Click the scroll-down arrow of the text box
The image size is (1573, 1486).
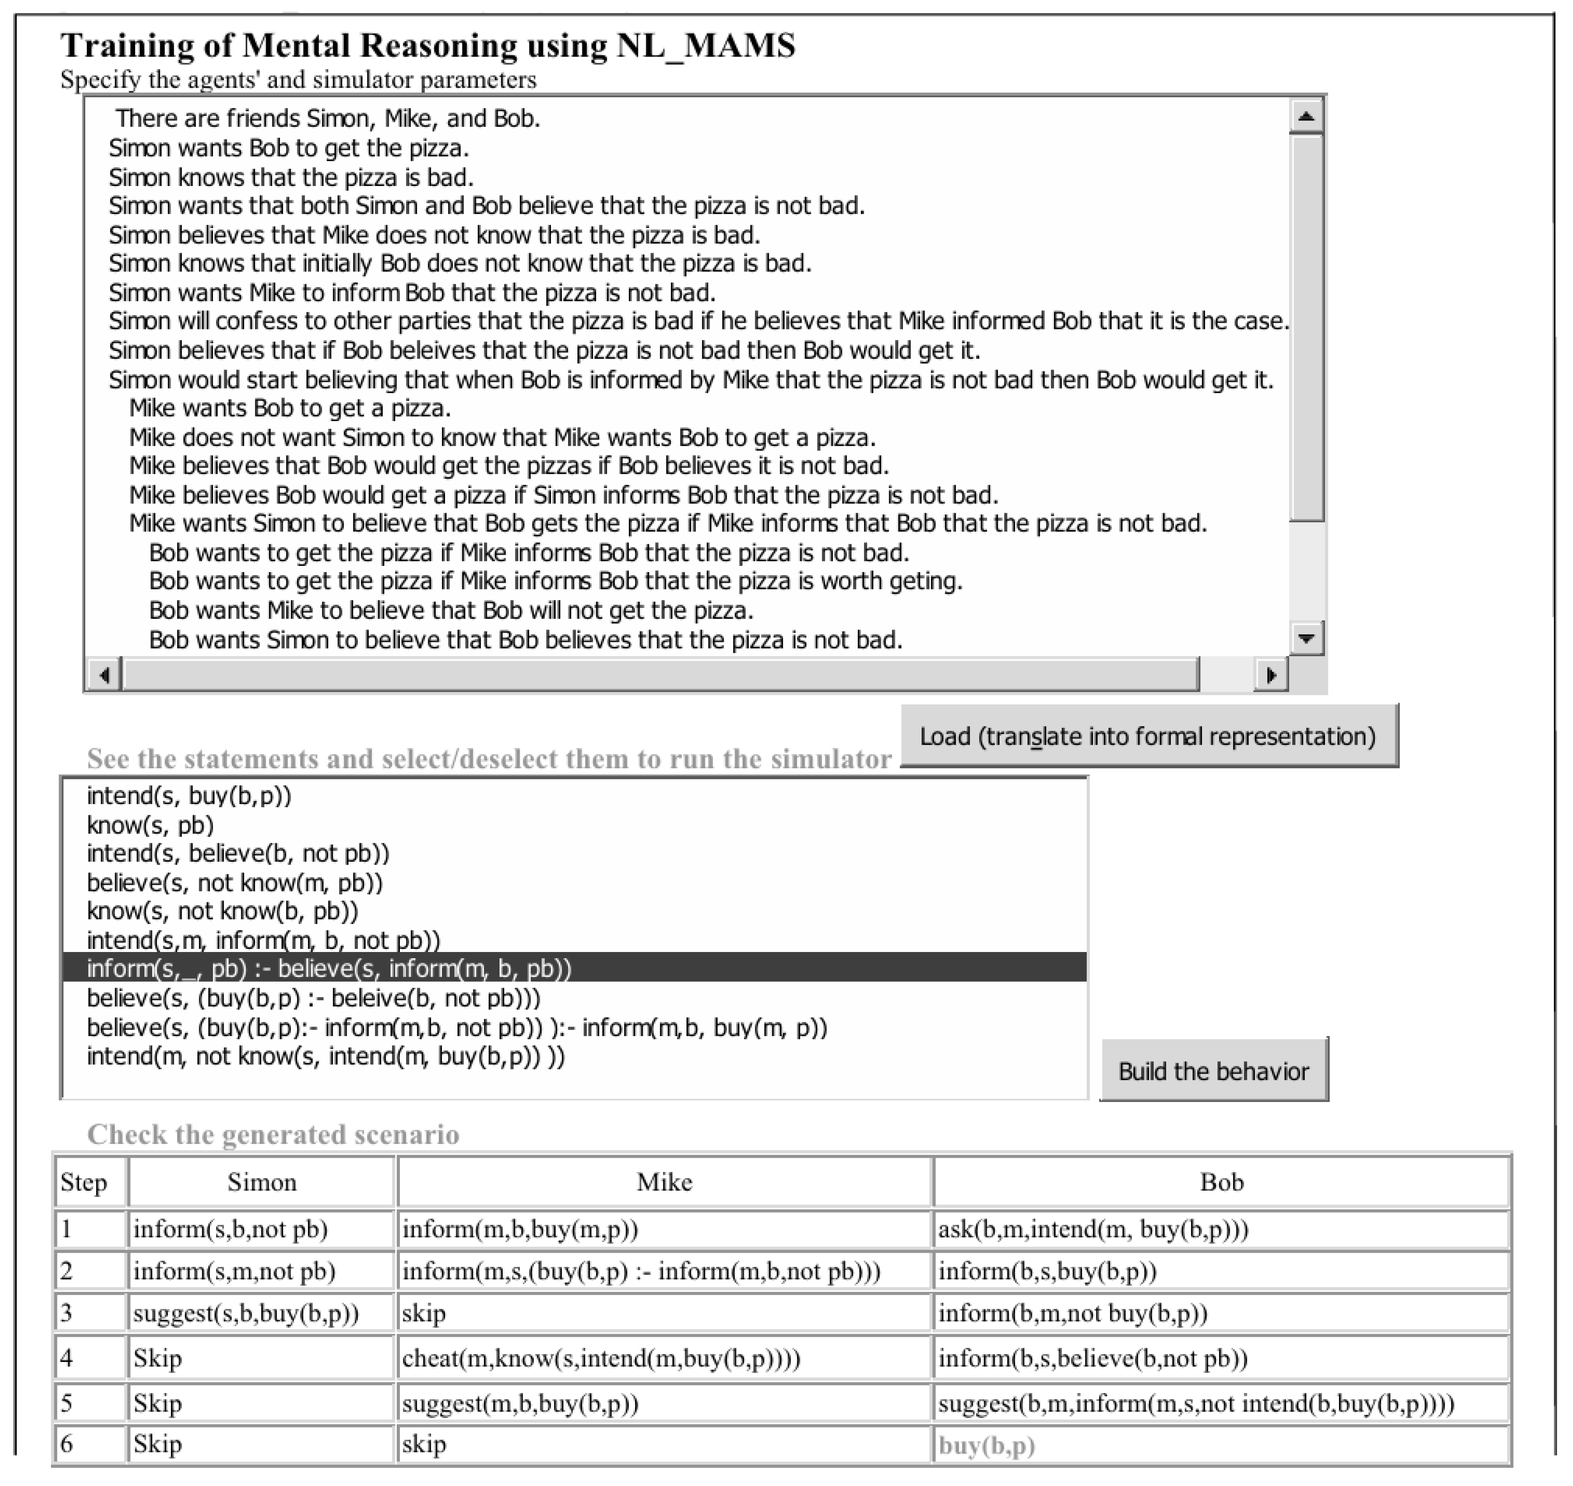tap(1306, 638)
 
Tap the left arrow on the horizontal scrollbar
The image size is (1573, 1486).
tap(104, 675)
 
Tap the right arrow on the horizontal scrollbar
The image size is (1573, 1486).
tap(1271, 675)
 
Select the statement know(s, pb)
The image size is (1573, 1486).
tap(151, 824)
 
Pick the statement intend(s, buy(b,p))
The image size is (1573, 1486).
tap(189, 795)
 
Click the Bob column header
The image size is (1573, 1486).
tap(1221, 1182)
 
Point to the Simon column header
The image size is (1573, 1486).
tap(261, 1182)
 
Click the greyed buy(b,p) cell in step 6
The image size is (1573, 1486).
tap(987, 1446)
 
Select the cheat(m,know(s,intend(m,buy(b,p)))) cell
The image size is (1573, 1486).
tap(601, 1358)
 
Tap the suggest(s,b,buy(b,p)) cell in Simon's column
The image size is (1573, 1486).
tap(245, 1313)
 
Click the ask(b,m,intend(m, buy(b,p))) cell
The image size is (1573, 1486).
tap(1093, 1229)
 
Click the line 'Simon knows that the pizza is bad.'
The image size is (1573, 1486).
tap(291, 177)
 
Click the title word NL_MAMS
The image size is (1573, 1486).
tap(706, 45)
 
